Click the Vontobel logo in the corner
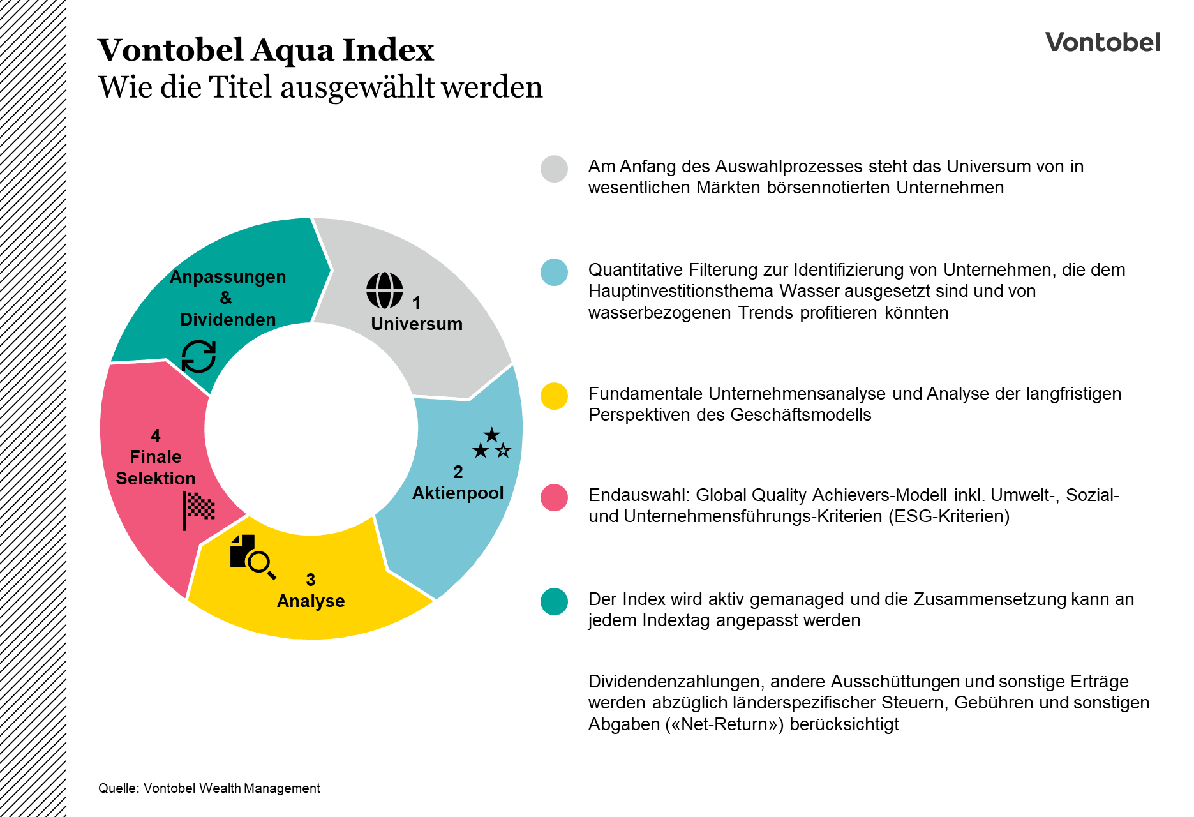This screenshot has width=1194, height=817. coord(1102,42)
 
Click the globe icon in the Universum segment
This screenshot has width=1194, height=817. coord(385,290)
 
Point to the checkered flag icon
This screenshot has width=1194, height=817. coord(198,509)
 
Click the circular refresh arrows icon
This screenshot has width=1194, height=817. coord(198,356)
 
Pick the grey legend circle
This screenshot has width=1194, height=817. coord(554,169)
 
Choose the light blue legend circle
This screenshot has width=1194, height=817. coord(554,273)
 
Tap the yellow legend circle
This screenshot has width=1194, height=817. coord(554,396)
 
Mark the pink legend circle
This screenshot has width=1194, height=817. coord(554,498)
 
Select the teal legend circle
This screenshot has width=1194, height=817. coord(554,602)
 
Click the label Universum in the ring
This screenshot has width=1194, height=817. coord(417,324)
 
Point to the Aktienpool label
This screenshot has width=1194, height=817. coord(458,493)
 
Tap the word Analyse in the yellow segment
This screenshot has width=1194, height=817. coord(311,601)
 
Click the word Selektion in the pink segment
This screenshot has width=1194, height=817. coord(156,479)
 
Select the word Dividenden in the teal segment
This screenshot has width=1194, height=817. coord(228,320)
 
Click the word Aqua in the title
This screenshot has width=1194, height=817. coord(293,51)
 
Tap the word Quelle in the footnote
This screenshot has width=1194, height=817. coord(117,789)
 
